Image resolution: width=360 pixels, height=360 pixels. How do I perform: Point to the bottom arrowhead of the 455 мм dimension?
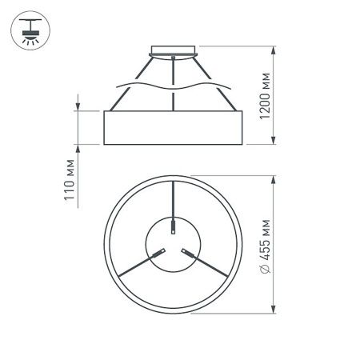point(276,308)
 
